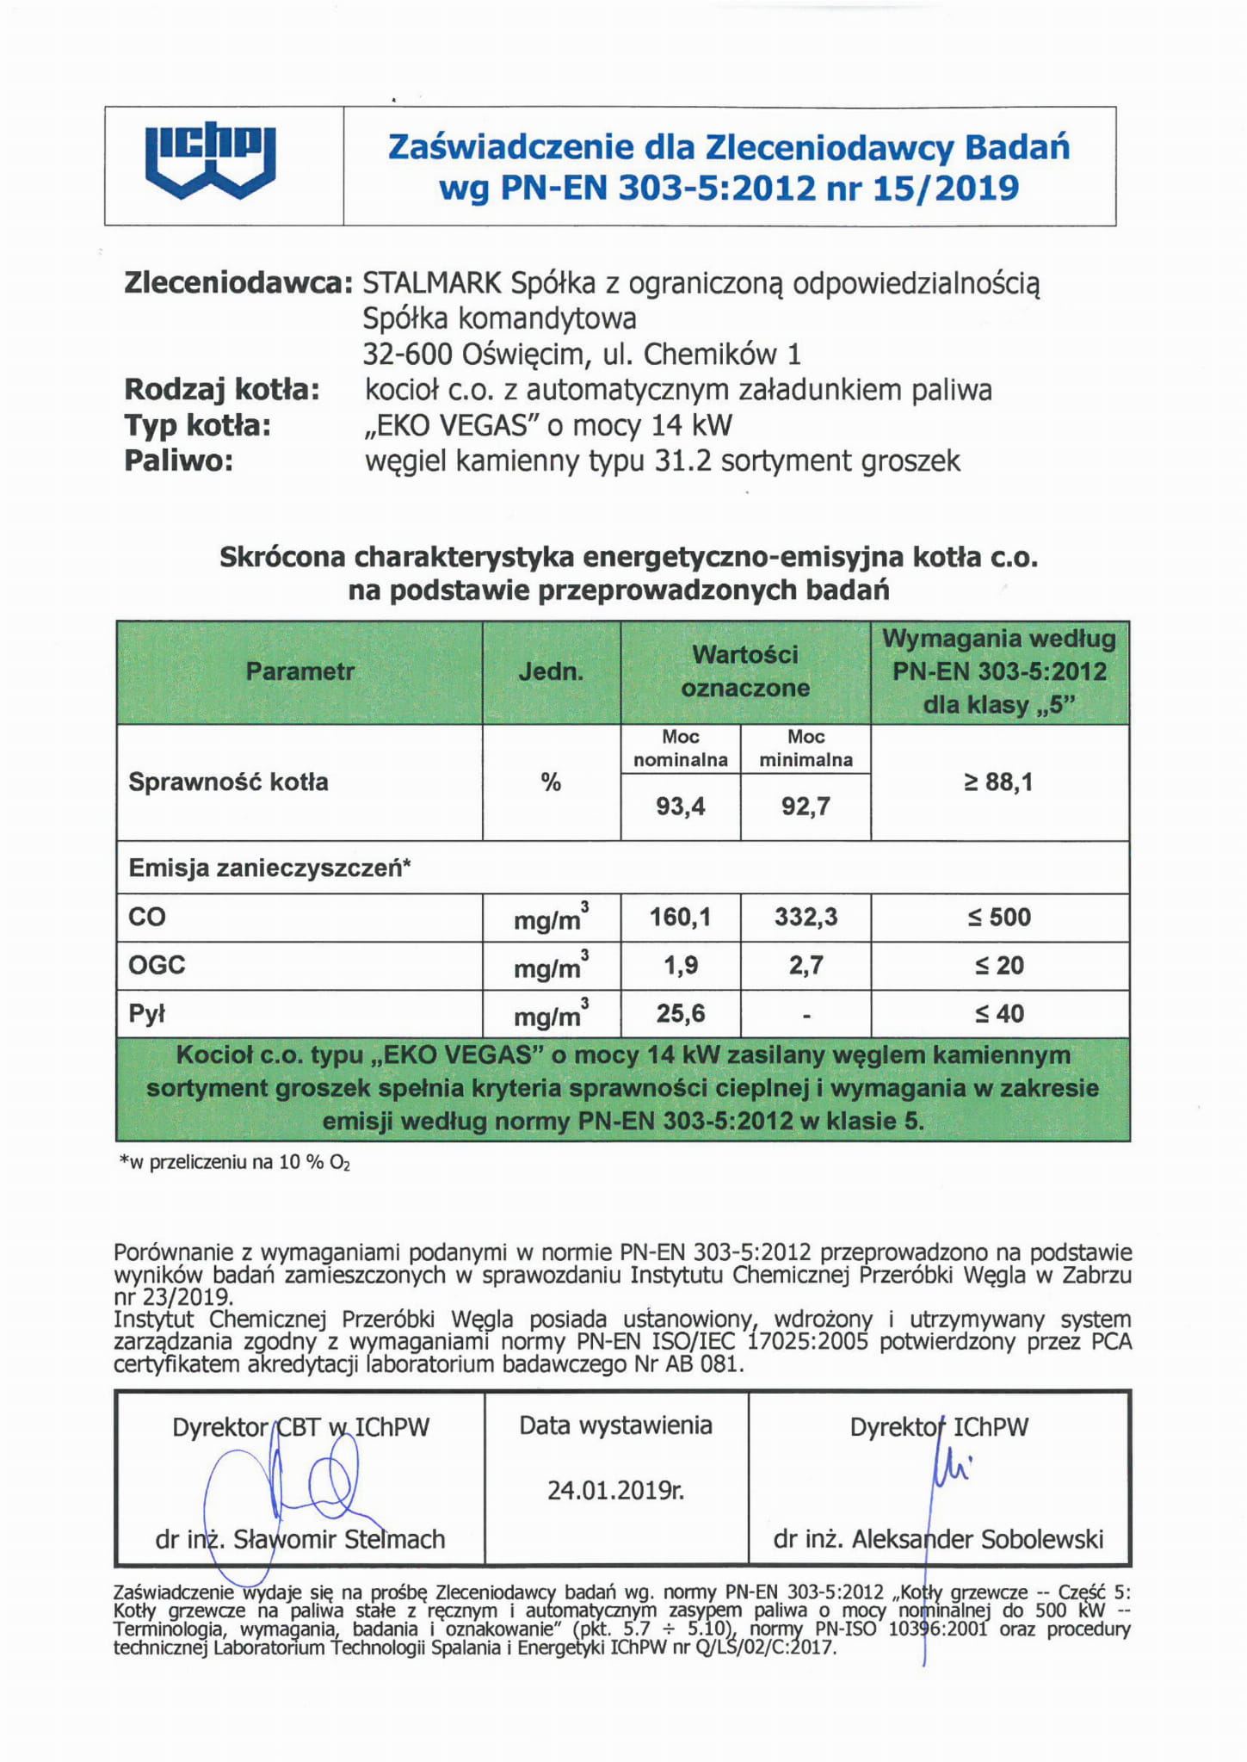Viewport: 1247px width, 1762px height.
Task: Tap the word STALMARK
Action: (432, 283)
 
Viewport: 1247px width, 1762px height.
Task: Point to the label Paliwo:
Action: (179, 461)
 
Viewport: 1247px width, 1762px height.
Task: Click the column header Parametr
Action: (299, 671)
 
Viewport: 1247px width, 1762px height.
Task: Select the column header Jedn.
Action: (551, 671)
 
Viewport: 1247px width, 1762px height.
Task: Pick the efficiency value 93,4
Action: (680, 807)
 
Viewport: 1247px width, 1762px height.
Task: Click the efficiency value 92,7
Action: (806, 807)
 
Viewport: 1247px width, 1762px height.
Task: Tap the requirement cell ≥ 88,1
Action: (998, 782)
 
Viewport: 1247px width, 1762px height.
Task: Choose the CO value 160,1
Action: (680, 918)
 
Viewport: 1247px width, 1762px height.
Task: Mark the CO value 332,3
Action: (806, 918)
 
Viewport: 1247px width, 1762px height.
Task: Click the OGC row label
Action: (157, 965)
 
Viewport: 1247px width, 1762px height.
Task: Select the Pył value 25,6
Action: (680, 1014)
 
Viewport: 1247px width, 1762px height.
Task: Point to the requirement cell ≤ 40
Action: (998, 1014)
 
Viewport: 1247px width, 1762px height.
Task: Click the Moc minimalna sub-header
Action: (806, 748)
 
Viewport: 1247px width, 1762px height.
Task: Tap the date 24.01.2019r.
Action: (615, 1490)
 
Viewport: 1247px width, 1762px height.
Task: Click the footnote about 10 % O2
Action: (234, 1163)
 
